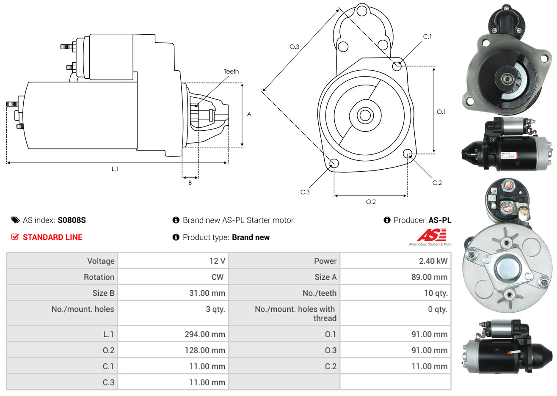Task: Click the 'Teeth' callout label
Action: [231, 71]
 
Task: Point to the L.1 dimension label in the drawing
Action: [115, 169]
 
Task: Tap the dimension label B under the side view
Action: [190, 183]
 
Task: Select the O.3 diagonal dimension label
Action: [295, 47]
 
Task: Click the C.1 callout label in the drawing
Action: [427, 36]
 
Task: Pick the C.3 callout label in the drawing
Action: [305, 192]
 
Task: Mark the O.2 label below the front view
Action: [371, 202]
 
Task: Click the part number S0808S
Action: [72, 220]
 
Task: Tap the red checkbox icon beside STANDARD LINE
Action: [15, 237]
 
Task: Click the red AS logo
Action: [431, 235]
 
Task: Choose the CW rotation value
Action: [218, 277]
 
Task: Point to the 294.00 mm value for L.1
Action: [205, 334]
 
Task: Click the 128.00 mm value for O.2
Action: [205, 350]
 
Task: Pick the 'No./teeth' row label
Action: [320, 293]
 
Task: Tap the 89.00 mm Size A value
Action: [430, 277]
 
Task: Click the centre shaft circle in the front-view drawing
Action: [365, 115]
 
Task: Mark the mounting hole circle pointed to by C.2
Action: [408, 154]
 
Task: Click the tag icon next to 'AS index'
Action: [15, 220]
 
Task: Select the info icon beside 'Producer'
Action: [387, 220]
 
